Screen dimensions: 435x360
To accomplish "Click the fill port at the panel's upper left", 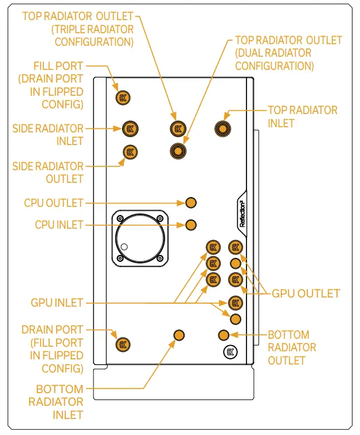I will (122, 97).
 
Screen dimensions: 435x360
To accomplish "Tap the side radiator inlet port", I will (131, 128).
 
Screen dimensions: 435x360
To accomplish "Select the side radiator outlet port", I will (131, 152).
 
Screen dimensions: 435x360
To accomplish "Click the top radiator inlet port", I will (223, 128).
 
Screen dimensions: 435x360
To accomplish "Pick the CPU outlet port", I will (191, 202).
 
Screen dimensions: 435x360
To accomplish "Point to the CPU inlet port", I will (191, 224).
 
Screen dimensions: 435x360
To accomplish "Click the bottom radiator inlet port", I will (179, 335).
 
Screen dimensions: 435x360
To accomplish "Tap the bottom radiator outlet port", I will (224, 335).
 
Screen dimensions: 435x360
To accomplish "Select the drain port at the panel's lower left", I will (122, 344).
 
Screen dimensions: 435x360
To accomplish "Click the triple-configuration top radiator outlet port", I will (178, 128).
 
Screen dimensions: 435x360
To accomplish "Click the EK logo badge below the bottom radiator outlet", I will (229, 353).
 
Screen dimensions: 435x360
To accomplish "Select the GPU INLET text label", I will (57, 302).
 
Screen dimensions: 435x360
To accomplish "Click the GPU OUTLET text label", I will (306, 293).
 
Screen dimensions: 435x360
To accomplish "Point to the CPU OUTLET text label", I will (53, 203).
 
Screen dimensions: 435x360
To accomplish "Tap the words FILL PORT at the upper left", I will (58, 66).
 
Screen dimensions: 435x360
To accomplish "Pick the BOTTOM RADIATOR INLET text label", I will (60, 402).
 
